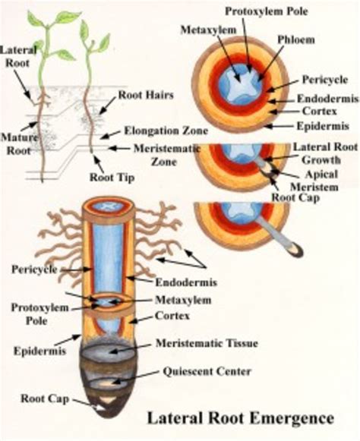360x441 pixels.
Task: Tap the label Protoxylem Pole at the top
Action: pos(266,11)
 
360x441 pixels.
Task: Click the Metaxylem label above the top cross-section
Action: pos(201,30)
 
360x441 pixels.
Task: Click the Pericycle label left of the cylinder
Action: pos(33,269)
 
